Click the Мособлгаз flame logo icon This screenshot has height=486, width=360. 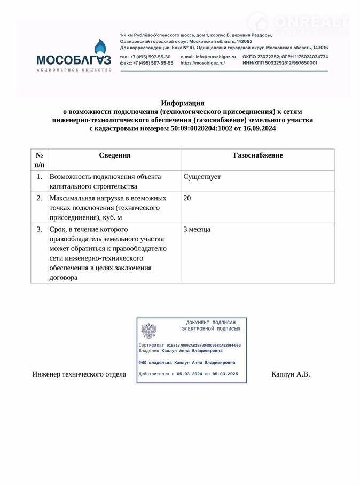point(100,49)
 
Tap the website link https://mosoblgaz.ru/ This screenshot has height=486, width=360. point(202,63)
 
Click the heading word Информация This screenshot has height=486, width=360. point(183,103)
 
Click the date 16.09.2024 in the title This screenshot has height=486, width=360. point(259,129)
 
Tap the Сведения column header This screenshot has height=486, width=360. point(114,155)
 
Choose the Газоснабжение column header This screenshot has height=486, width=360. point(258,155)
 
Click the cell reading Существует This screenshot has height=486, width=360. point(202,177)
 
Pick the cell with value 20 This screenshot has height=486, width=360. point(187,198)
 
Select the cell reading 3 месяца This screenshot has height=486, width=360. point(197,229)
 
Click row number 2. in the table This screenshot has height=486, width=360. point(39,198)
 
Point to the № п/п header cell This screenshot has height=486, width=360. point(39,160)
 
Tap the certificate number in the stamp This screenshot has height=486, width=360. point(204,346)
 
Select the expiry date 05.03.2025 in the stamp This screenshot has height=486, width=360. point(225,374)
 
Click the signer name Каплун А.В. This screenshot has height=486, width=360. point(291,374)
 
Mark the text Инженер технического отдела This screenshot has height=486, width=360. point(79,374)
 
